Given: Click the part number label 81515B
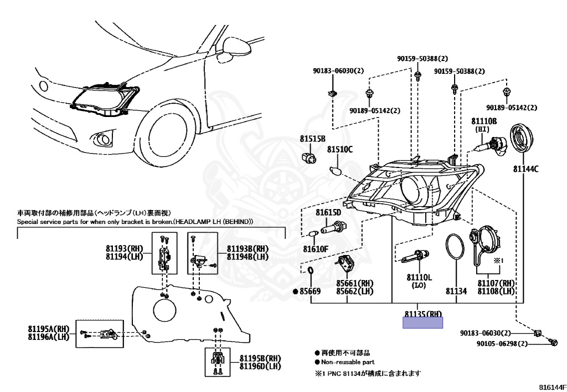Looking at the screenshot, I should pyautogui.click(x=312, y=139).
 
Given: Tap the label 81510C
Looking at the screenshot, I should pyautogui.click(x=339, y=149).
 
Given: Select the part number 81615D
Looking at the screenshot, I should pyautogui.click(x=329, y=212).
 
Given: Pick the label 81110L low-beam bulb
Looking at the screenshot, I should pyautogui.click(x=419, y=277).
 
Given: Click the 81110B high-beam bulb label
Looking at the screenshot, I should pyautogui.click(x=484, y=121).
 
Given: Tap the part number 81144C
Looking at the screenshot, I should pyautogui.click(x=525, y=169).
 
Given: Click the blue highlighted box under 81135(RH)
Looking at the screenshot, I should pyautogui.click(x=423, y=323).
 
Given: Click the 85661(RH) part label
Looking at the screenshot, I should pyautogui.click(x=354, y=283).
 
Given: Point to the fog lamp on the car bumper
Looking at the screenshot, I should pyautogui.click(x=103, y=138).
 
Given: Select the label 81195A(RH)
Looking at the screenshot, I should pyautogui.click(x=49, y=328).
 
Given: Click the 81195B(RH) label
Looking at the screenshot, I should pyautogui.click(x=259, y=358).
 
